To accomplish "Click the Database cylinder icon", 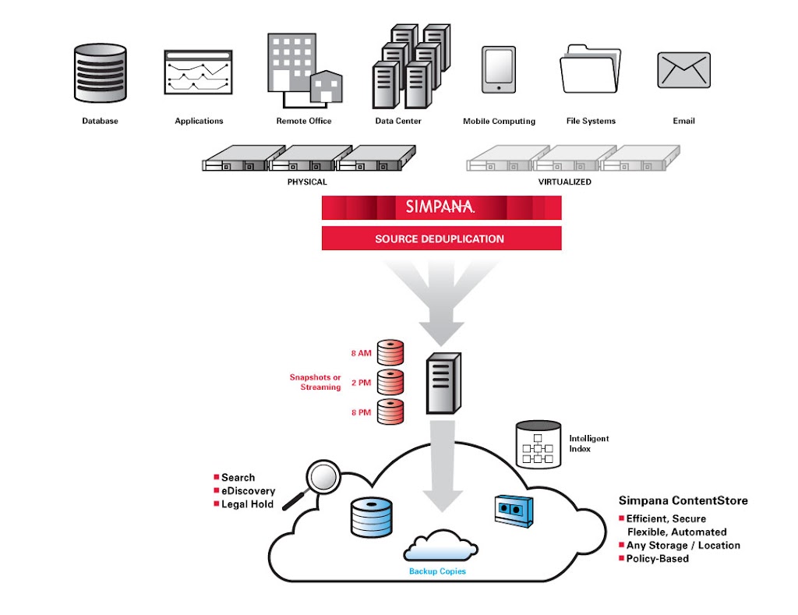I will (101, 73).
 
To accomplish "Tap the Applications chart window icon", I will (199, 75).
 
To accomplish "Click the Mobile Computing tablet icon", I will (499, 71).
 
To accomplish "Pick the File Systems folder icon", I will (591, 69).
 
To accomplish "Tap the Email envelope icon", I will (683, 70).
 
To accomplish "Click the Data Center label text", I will (398, 122).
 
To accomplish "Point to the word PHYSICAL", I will (307, 182).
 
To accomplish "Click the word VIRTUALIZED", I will (564, 182).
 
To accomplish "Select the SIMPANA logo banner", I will (441, 207).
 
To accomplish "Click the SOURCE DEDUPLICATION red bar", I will (441, 239).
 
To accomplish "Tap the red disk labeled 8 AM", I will (390, 353).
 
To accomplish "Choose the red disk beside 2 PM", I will (390, 382).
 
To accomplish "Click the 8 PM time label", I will (361, 412).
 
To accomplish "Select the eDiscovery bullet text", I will (248, 491).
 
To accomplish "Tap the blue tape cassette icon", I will (512, 509).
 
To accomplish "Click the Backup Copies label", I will (438, 571).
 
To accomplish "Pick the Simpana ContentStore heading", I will (683, 500).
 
